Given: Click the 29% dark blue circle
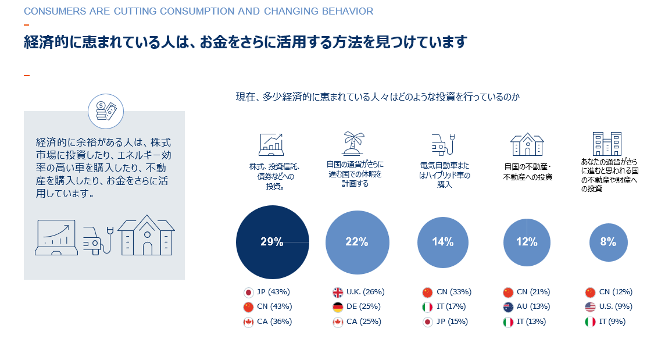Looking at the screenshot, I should tap(272, 242).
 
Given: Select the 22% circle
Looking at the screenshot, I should tap(357, 242).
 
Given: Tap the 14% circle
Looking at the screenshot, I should tap(442, 242).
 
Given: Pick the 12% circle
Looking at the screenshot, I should tap(526, 242).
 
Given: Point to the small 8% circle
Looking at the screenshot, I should tap(608, 242).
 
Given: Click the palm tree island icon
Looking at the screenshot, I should tap(353, 142).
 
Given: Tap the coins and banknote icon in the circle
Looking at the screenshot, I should tap(106, 110).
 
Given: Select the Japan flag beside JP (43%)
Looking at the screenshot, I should tap(248, 292).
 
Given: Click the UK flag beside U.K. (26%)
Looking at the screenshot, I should tap(338, 292).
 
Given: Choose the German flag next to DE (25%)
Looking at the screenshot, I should tap(338, 306).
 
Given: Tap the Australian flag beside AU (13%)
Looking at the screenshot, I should tap(507, 306).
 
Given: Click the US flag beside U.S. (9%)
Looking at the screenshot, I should tap(590, 306).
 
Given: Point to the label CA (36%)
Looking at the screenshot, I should tap(274, 322).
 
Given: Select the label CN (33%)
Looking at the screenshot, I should tap(453, 292).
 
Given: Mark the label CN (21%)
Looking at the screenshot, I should tap(534, 292).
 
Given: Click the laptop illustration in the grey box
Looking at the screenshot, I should tap(56, 237).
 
